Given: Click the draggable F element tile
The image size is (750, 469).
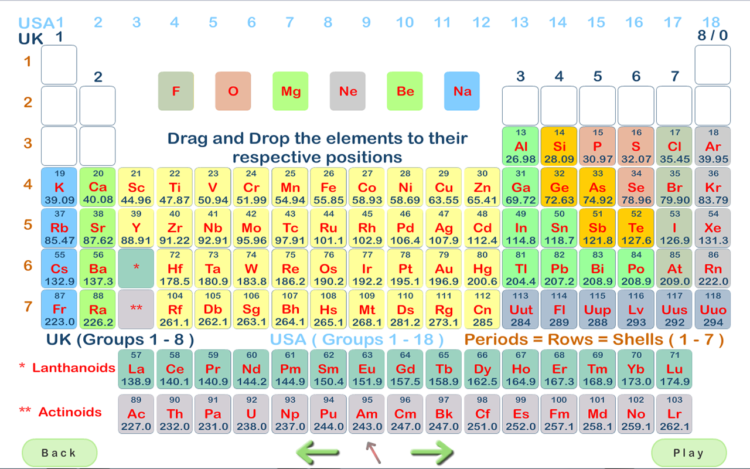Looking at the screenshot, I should [176, 91].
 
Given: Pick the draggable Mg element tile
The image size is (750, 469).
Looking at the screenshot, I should [291, 91].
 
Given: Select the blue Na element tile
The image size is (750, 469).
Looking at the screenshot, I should [462, 91].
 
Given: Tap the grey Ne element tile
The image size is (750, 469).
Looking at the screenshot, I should [348, 91].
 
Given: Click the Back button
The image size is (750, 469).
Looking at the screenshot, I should [59, 453].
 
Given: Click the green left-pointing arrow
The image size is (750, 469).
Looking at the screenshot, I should [318, 453].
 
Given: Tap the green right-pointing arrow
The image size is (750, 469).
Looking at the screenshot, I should [432, 453].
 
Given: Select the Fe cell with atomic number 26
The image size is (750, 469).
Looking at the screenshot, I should [329, 187].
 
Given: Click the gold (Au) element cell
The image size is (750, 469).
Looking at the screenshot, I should [444, 269].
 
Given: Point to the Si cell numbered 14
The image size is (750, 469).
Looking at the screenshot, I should [559, 146].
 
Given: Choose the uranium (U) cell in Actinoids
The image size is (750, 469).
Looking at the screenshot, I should [252, 413].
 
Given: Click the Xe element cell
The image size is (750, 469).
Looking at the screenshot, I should [712, 227].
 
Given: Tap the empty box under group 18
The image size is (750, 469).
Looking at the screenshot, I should [712, 64].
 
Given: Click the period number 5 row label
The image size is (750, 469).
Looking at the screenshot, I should [28, 225].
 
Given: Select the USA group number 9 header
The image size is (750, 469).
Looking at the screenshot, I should [366, 23].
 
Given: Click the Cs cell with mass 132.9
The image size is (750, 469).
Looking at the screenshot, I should [59, 269].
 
